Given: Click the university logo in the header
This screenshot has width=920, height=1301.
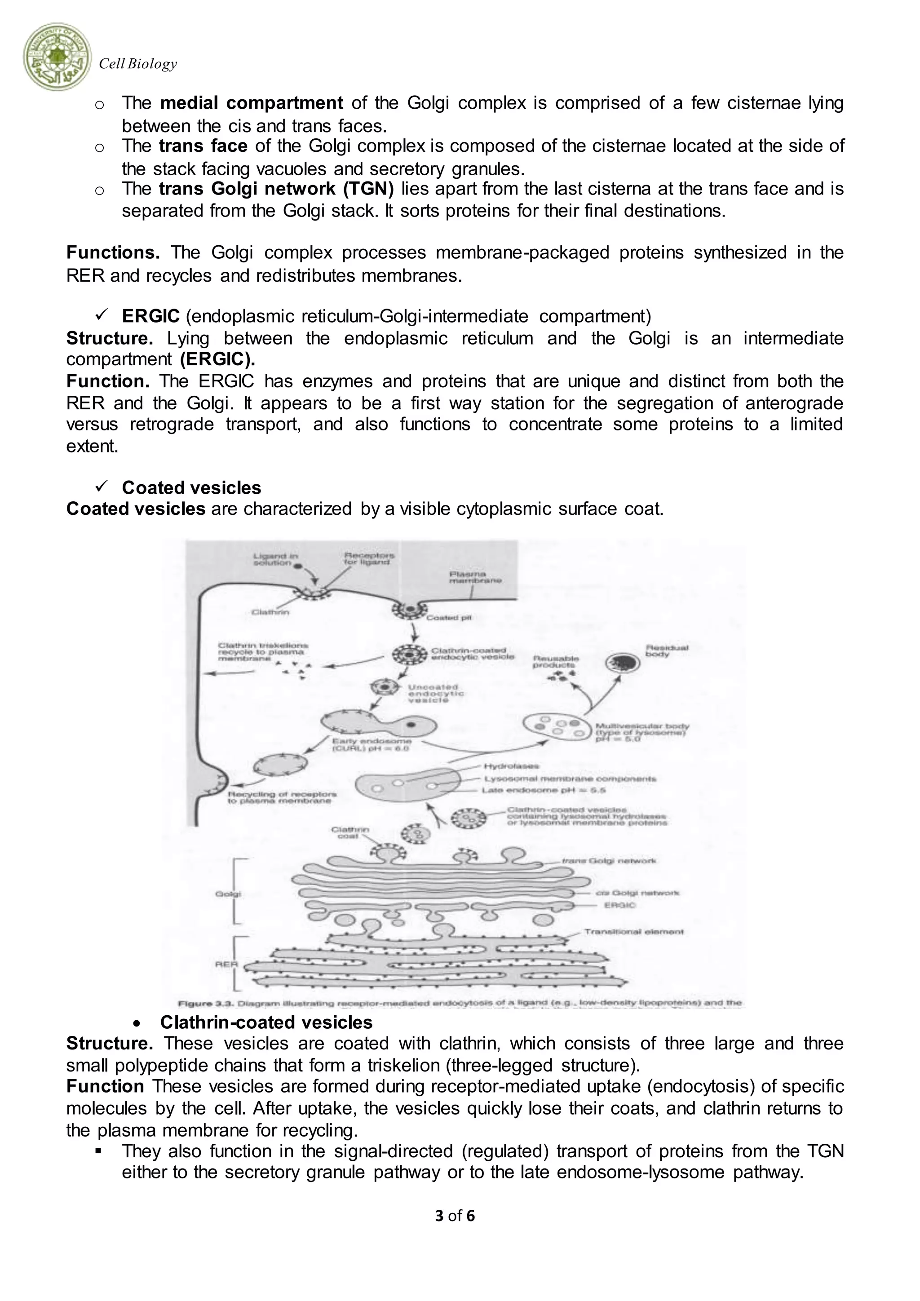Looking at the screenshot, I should pyautogui.click(x=57, y=57).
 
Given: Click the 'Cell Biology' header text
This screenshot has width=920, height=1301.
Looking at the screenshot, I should pyautogui.click(x=137, y=64).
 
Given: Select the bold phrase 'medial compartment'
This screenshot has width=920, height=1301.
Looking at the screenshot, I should pyautogui.click(x=252, y=103).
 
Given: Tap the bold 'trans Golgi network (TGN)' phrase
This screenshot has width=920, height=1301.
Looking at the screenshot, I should pyautogui.click(x=276, y=189).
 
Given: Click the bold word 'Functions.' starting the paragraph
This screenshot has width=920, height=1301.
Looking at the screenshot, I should pyautogui.click(x=113, y=253).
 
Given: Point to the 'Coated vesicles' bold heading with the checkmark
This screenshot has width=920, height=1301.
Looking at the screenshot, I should pyautogui.click(x=191, y=488).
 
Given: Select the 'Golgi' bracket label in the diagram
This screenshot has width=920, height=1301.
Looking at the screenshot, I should pyautogui.click(x=228, y=894).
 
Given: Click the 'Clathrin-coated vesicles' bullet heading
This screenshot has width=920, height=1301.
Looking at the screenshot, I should pyautogui.click(x=266, y=1022).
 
